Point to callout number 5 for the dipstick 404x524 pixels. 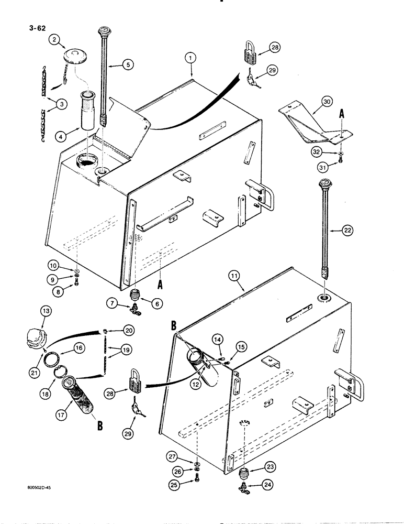click(127, 64)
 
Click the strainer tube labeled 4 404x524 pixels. click(87, 110)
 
